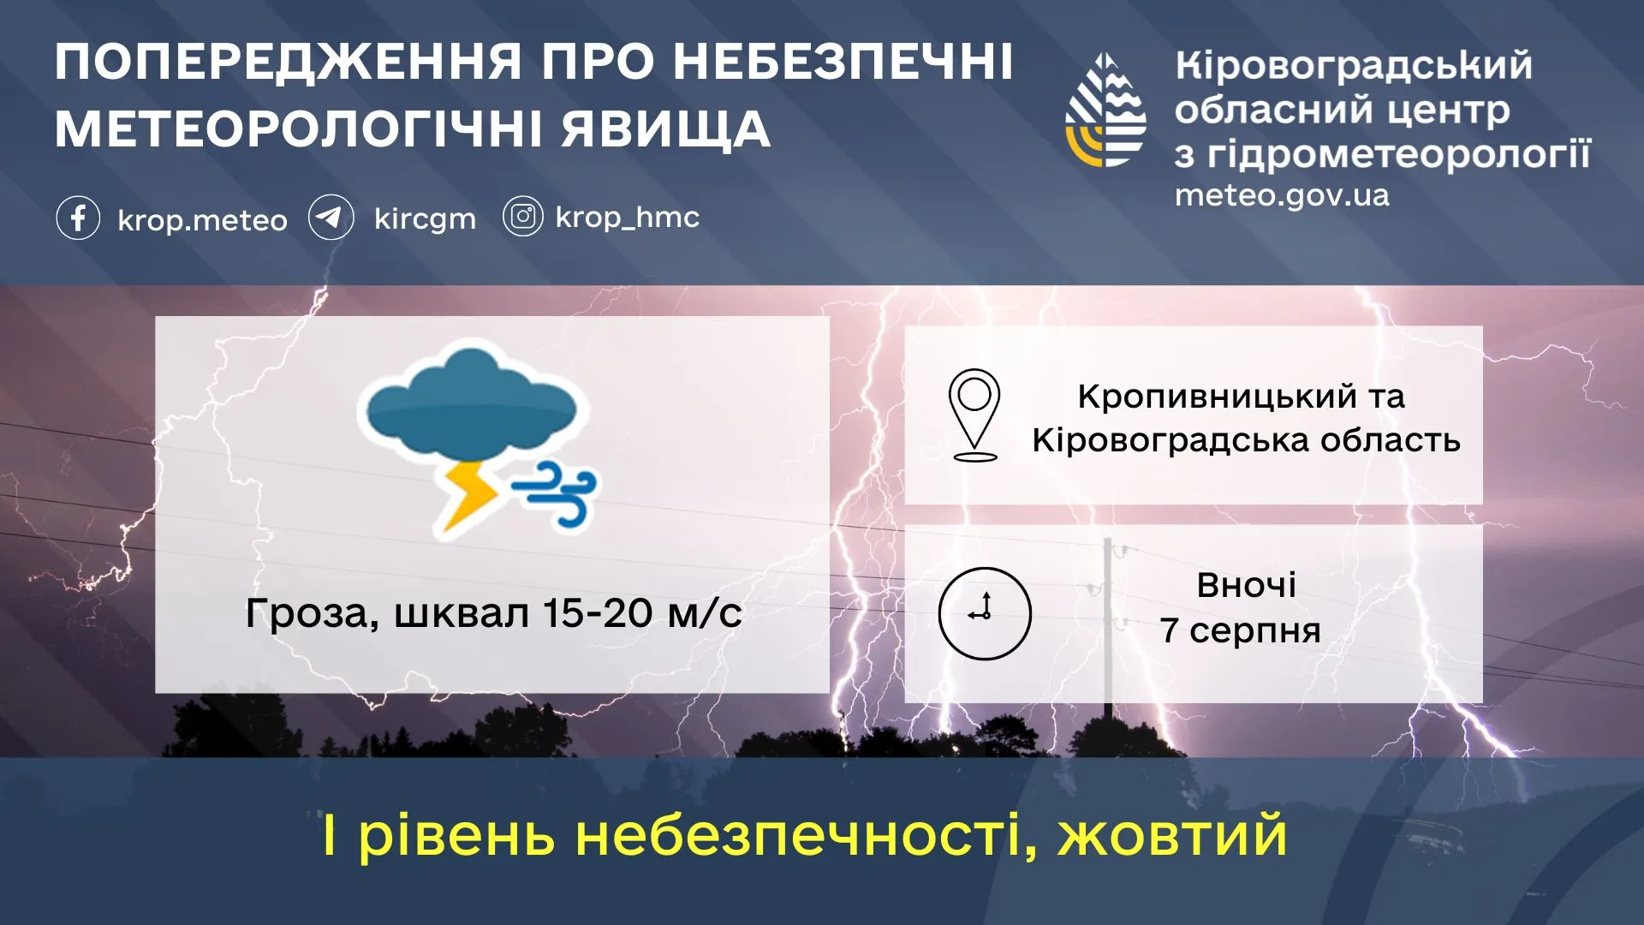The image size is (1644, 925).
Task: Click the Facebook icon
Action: pyautogui.click(x=78, y=218)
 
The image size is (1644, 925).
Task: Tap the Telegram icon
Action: pyautogui.click(x=331, y=218)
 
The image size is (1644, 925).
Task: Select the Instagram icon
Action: pyautogui.click(x=522, y=217)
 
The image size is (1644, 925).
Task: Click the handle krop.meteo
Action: pyautogui.click(x=202, y=220)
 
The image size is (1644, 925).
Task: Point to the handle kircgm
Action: pyautogui.click(x=425, y=219)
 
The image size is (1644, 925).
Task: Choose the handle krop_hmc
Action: pyautogui.click(x=627, y=218)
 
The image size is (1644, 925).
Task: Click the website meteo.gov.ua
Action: pyautogui.click(x=1281, y=196)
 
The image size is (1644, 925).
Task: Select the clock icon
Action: pyautogui.click(x=985, y=613)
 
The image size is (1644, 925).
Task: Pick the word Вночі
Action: pyautogui.click(x=1246, y=586)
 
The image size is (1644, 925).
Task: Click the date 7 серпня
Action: pyautogui.click(x=1241, y=630)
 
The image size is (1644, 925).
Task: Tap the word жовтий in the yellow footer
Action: pyautogui.click(x=1172, y=836)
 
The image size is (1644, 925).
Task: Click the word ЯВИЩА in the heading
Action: pyautogui.click(x=666, y=129)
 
